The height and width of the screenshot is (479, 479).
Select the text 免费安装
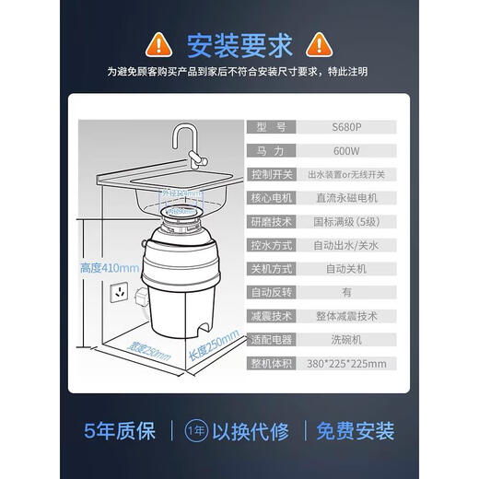[x=356, y=429]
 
